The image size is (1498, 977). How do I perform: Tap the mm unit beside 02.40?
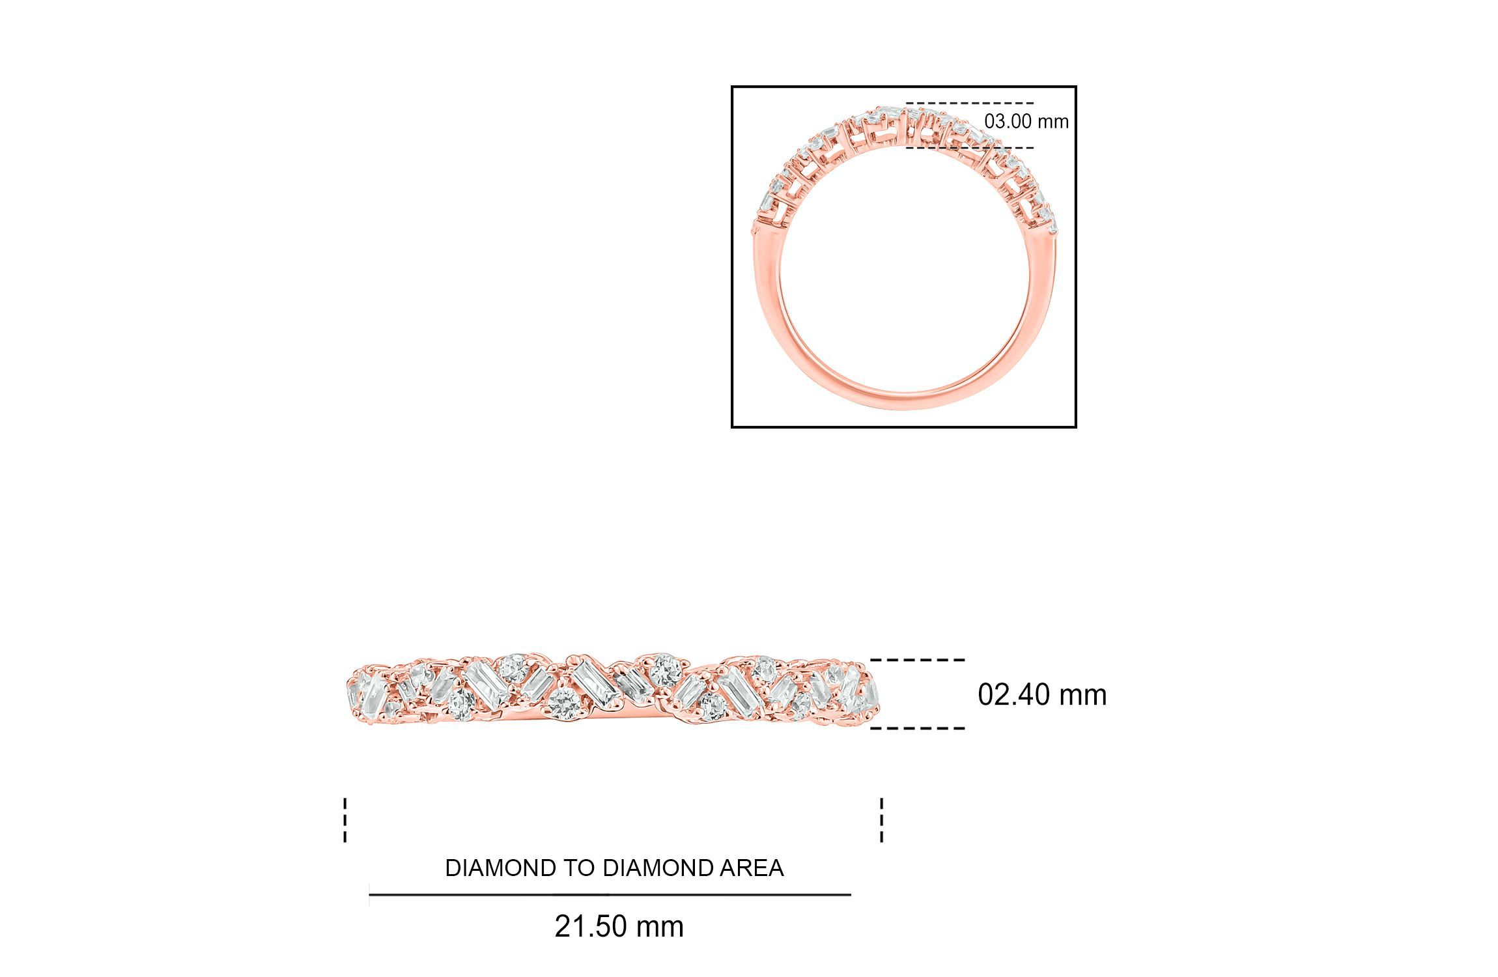point(1082,696)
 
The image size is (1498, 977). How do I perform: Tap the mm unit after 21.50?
point(659,927)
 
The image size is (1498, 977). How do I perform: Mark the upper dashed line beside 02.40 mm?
point(917,660)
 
